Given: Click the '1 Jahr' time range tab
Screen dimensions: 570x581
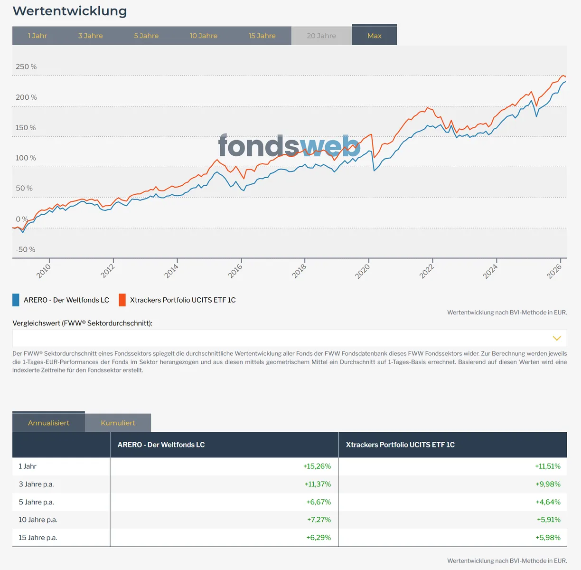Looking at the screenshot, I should pos(37,36).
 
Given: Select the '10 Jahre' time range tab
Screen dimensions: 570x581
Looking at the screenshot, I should pos(204,36).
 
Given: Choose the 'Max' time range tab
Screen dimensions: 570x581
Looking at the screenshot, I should pos(374,36).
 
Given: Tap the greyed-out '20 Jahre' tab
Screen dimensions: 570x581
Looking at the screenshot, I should pos(321,36).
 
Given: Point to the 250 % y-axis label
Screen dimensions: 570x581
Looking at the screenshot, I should pos(26,66).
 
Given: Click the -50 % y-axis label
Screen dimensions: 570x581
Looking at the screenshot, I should pos(26,249).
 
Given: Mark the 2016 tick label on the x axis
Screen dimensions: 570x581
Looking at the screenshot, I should pos(235,270).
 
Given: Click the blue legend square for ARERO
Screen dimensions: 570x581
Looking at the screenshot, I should pos(16,300).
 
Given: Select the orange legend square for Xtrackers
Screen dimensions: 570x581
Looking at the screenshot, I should pos(122,300).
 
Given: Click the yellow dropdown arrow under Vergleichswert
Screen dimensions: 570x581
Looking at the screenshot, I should pos(557,338).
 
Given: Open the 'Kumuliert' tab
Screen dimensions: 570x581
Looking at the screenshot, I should pos(118,423).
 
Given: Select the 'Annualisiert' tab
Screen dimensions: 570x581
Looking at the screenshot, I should pos(48,423).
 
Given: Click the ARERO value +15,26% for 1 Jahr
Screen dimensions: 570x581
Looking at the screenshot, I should pos(317,466).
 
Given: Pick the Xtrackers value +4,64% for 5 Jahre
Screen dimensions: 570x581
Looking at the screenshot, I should pos(548,502).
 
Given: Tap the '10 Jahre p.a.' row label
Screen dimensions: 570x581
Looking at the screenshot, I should pos(38,520).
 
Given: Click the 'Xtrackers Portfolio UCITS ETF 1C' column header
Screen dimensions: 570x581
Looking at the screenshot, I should pos(400,445).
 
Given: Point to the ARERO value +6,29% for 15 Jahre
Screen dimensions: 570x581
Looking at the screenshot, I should pos(319,538).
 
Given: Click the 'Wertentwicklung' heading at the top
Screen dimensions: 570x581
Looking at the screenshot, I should pos(70,11).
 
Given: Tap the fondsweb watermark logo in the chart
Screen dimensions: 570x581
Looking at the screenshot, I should pos(289,146).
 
